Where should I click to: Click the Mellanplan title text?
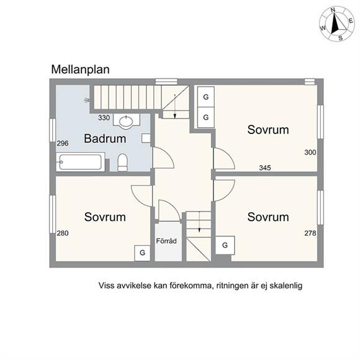point(80,70)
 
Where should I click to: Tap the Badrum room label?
point(105,138)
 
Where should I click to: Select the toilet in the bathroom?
point(122,163)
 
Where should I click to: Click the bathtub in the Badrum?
point(81,162)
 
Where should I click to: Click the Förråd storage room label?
point(166,241)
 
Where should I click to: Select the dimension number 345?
point(265,168)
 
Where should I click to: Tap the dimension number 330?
point(104,118)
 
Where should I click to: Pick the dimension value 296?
point(63,143)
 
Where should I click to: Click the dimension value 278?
point(310,233)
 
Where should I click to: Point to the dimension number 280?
point(63,233)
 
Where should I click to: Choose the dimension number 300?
point(310,152)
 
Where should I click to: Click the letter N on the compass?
point(333,10)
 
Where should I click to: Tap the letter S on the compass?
point(341,38)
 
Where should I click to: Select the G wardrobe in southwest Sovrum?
point(142,253)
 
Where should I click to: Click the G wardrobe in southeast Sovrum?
point(225,245)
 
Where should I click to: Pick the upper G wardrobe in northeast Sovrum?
point(206,97)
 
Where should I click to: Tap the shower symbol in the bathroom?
point(87,100)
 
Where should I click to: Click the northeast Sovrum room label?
point(268,130)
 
